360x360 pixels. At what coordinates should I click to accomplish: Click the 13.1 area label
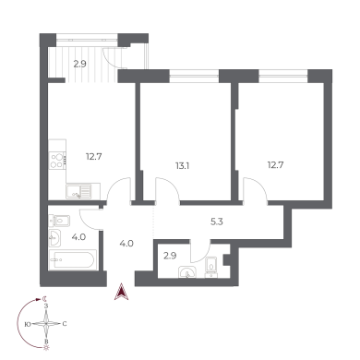point(183,166)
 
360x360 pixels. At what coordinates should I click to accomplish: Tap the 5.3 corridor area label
point(217,222)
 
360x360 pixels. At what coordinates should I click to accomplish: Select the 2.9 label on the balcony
point(79,65)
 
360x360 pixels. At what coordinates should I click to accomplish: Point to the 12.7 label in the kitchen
point(94,157)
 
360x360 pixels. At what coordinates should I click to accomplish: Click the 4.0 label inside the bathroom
point(78,237)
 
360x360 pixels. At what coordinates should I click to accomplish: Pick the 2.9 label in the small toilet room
point(170,256)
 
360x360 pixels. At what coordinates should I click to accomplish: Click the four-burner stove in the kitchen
point(57,161)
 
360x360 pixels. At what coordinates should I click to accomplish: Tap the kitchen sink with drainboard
point(78,191)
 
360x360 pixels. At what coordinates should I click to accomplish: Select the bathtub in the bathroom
point(73,259)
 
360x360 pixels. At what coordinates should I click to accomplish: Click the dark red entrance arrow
point(122,292)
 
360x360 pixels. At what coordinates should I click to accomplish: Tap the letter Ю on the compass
point(28,324)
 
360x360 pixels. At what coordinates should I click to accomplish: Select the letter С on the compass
point(65,324)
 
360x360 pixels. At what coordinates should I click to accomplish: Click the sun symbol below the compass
point(46,348)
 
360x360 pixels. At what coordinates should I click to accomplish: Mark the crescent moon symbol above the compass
point(45,298)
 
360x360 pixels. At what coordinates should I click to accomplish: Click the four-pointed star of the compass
point(46,324)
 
